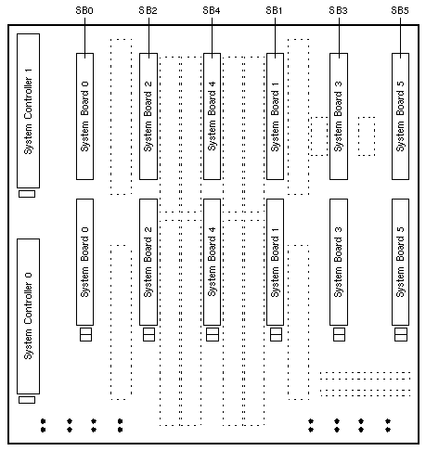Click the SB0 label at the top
[84, 10]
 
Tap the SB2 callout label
[148, 10]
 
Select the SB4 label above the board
[212, 10]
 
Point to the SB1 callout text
[274, 10]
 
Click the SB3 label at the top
[338, 10]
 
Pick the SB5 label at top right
[400, 10]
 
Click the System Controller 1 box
[28, 110]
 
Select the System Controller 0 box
[28, 316]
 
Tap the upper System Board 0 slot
[85, 116]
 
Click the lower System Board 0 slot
[85, 262]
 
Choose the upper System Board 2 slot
[148, 116]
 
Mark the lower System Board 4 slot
[213, 262]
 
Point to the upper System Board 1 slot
[276, 116]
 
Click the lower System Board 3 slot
[339, 262]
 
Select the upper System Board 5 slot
[401, 116]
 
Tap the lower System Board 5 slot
[401, 262]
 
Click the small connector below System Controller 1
[27, 194]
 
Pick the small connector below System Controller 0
[27, 400]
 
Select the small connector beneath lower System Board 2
[148, 335]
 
